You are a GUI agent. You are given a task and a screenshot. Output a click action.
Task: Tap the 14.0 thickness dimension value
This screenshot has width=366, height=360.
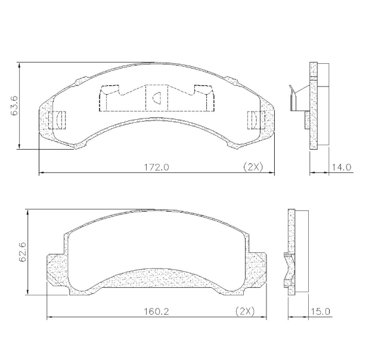pos(342,167)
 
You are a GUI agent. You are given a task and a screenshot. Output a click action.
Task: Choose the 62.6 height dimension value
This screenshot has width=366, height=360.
pos(22,252)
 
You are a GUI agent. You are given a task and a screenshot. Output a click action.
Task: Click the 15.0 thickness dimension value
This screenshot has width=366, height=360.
pos(320,311)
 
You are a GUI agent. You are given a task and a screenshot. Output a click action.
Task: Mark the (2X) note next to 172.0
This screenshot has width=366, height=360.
pos(253,167)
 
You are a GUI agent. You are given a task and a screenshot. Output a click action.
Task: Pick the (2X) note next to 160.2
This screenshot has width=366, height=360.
pos(244,311)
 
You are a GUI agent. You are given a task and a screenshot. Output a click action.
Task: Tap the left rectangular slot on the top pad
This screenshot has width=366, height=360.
pos(59,119)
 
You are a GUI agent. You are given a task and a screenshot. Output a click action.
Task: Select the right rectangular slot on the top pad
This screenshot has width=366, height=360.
pos(253,119)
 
